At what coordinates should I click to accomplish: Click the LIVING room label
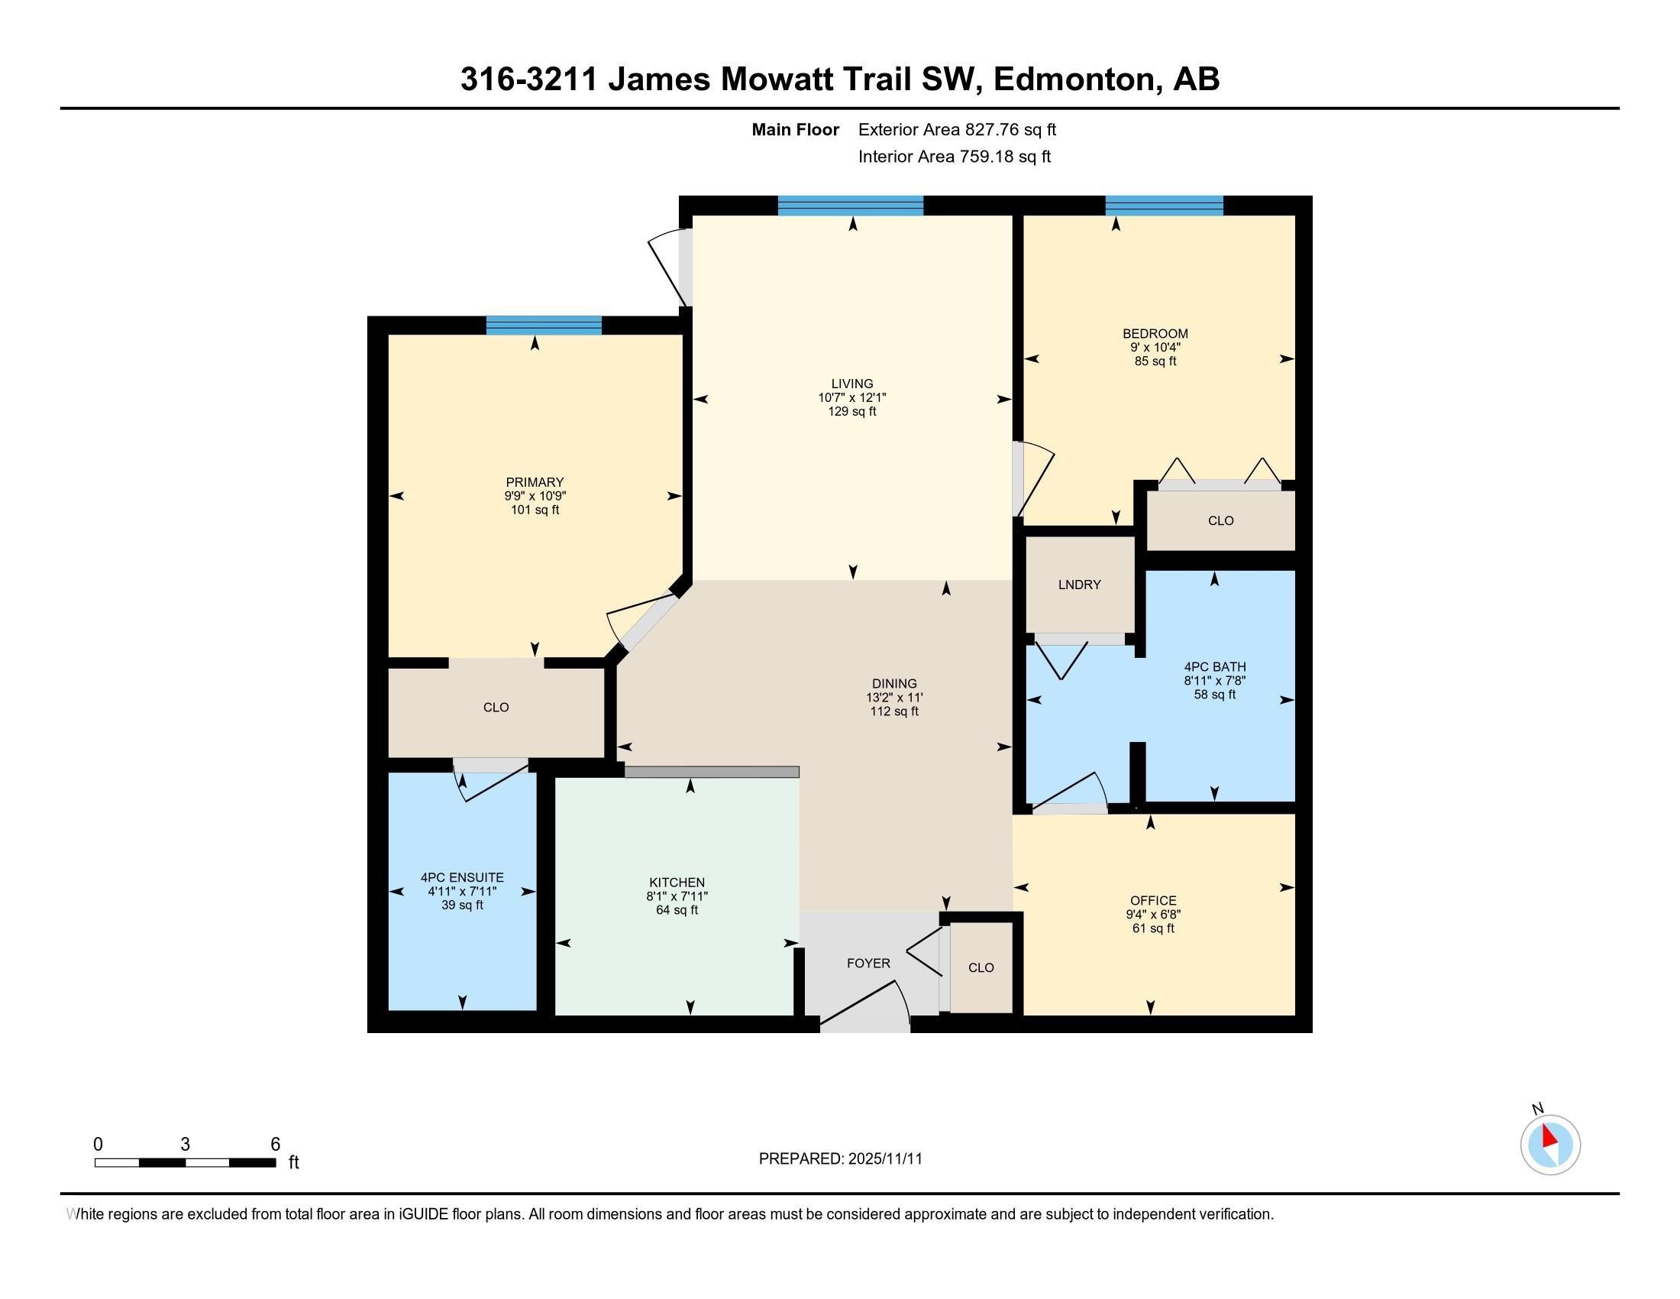851,384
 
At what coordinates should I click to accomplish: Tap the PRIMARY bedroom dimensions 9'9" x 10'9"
535,497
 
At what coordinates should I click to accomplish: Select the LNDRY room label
1079,585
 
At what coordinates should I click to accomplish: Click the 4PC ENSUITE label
461,877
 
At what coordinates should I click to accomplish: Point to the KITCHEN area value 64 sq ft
677,910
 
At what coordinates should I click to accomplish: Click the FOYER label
868,964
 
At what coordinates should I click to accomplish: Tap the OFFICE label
1153,900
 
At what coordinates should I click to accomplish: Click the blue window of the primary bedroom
544,326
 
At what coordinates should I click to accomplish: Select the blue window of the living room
850,206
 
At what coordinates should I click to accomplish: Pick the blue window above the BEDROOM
1164,206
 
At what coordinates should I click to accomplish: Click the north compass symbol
1550,1145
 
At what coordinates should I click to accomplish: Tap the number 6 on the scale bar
276,1145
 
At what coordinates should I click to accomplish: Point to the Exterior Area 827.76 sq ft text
957,130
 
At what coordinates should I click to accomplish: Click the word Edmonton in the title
1077,79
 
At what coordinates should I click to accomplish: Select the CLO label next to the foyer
981,968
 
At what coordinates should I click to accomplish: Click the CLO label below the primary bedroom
496,708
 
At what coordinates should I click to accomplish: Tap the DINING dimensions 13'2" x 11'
894,698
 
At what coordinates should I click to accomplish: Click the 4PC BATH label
1215,667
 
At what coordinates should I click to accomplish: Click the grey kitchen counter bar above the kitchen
712,772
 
